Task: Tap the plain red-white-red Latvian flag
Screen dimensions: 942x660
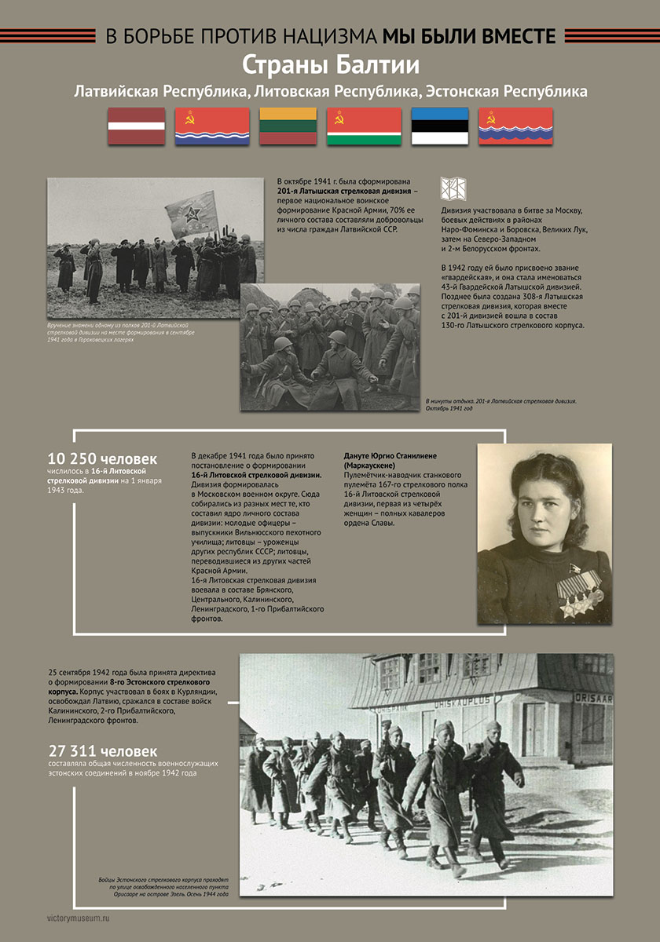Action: tap(136, 126)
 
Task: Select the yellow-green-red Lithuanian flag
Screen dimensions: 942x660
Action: tap(288, 126)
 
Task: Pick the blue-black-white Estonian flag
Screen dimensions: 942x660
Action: tap(440, 126)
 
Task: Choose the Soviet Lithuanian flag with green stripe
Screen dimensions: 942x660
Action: tap(364, 126)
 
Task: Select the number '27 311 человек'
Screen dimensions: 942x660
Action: tap(103, 750)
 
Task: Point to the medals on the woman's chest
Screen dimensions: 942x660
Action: tap(580, 594)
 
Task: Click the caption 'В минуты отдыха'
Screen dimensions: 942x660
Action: tap(447, 401)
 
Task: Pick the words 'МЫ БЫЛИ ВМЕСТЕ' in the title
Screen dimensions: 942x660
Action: tap(469, 36)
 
